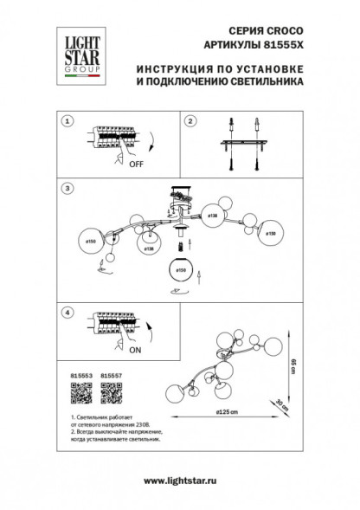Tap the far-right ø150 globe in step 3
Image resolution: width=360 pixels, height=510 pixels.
[x=269, y=232]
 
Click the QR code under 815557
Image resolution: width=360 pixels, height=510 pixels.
[x=110, y=394]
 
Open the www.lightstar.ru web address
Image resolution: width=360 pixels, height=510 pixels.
[x=179, y=480]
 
